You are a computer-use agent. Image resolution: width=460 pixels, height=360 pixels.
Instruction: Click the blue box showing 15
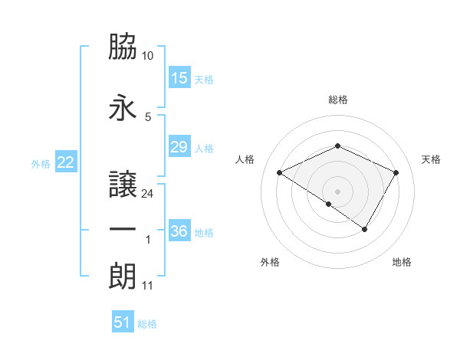coord(179,78)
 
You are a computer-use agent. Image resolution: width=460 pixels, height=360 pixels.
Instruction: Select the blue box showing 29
coord(179,148)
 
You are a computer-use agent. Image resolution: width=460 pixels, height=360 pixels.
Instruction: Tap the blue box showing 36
coord(179,231)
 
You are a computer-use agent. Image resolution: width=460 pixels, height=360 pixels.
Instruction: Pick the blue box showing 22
coord(66,162)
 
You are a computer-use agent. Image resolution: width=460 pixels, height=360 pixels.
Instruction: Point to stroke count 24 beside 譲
coord(148,193)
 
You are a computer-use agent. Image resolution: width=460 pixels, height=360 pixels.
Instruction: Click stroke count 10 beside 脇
coord(148,56)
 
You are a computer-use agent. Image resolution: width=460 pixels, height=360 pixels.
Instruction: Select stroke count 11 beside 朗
coord(148,286)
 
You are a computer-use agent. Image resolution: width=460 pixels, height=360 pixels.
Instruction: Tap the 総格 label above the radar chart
coord(338,100)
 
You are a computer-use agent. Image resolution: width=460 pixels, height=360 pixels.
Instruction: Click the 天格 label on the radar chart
coord(432,159)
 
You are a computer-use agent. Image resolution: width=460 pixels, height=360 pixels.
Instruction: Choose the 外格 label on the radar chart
coord(270,262)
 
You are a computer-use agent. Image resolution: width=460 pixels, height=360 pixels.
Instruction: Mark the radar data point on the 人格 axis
coord(280,172)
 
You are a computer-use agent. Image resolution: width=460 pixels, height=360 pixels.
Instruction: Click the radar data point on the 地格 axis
coord(365,229)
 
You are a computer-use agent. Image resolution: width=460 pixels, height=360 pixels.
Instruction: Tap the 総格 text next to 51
coord(147,324)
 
